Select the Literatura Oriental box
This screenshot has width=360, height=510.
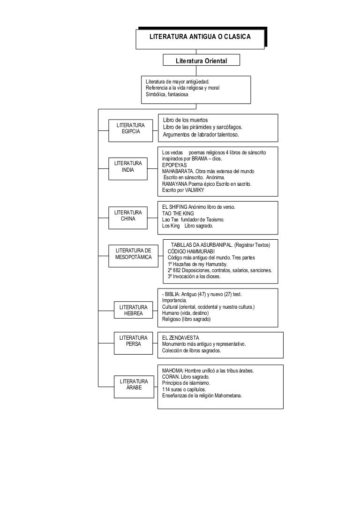[x=201, y=60]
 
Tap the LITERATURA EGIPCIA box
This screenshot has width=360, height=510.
[x=131, y=130]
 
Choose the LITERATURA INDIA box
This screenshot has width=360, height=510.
[x=127, y=168]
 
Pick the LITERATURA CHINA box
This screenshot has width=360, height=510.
[x=127, y=218]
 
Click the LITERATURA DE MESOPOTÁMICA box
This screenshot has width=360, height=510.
[x=133, y=256]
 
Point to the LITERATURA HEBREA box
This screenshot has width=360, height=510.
[x=133, y=310]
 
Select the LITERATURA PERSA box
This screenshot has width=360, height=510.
[x=133, y=343]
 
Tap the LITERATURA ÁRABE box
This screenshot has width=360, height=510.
[x=134, y=387]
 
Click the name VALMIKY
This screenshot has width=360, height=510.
[x=194, y=190]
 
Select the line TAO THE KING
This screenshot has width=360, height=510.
[x=178, y=213]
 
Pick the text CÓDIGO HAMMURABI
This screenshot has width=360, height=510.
[x=191, y=251]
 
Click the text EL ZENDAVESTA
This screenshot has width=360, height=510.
[x=180, y=338]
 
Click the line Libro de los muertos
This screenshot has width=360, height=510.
[x=185, y=120]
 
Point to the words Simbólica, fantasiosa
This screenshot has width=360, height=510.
[x=167, y=95]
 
